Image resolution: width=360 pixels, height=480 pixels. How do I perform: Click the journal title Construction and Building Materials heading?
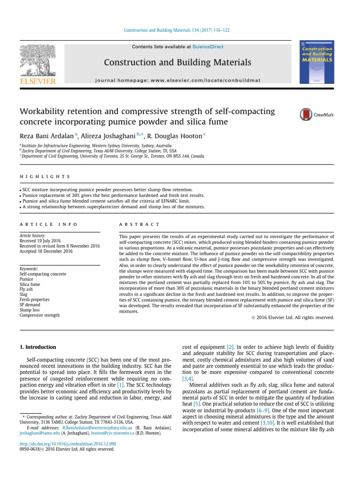[x=177, y=62]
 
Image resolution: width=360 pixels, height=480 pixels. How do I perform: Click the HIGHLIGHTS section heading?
[x=45, y=177]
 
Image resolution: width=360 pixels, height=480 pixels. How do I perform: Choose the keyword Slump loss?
[x=30, y=310]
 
